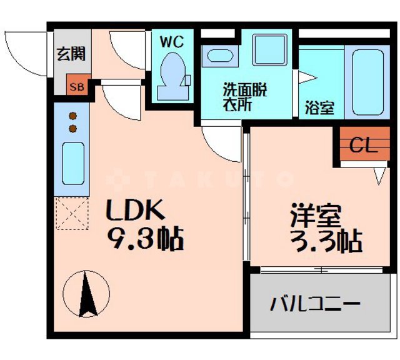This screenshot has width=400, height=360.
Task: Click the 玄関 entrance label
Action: click(71, 54)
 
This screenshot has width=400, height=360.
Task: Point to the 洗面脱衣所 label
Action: click(245, 97)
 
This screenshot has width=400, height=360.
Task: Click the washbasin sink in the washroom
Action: click(220, 55)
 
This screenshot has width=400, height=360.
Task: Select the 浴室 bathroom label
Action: click(319, 107)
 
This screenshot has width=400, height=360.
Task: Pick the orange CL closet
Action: click(363, 146)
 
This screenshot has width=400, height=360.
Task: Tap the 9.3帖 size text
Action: click(144, 238)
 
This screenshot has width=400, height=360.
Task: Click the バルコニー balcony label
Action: click(316, 305)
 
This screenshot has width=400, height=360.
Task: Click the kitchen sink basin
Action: click(73, 162)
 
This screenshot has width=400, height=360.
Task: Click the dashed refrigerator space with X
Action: click(73, 214)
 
